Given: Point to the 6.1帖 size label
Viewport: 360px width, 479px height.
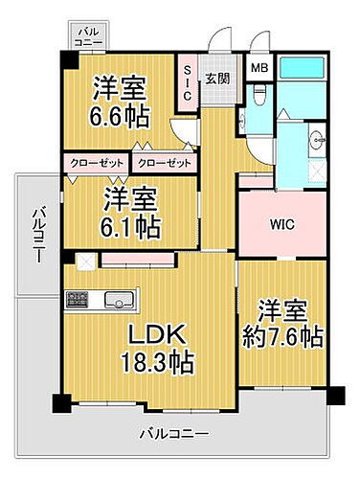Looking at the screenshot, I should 131,227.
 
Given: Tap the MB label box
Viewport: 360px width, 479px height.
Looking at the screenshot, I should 259,69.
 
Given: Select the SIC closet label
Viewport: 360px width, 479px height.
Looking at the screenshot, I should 187,82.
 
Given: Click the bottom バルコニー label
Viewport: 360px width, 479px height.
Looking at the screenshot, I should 174,434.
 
